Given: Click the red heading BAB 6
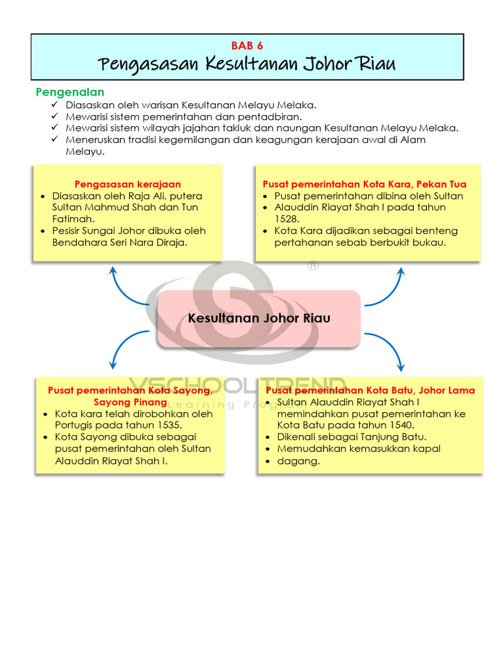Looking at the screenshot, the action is pos(247,46).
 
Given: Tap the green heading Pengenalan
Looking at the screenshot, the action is pos(70,92).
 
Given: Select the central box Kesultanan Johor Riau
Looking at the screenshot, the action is pos(259,318).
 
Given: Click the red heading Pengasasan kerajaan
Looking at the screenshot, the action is pos(127,184).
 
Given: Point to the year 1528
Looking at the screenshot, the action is pos(287,219).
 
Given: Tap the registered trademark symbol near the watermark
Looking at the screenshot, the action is pos(313,265).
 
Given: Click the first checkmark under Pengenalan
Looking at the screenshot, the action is pos(54,105).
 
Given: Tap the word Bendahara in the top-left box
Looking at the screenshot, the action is pos(77,243).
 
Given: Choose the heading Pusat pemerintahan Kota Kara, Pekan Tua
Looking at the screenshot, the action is pos(365,184).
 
